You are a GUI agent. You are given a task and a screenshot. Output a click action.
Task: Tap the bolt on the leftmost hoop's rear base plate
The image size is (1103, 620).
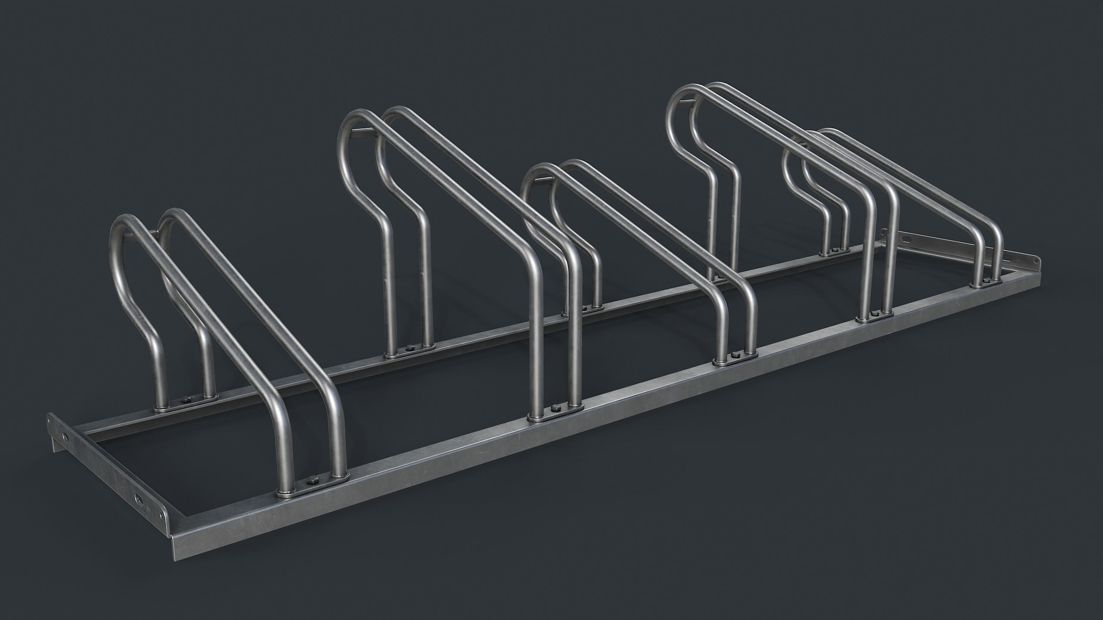pos(187,400)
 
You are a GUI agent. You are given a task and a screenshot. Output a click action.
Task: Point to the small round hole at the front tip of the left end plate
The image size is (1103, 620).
pos(162,527)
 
